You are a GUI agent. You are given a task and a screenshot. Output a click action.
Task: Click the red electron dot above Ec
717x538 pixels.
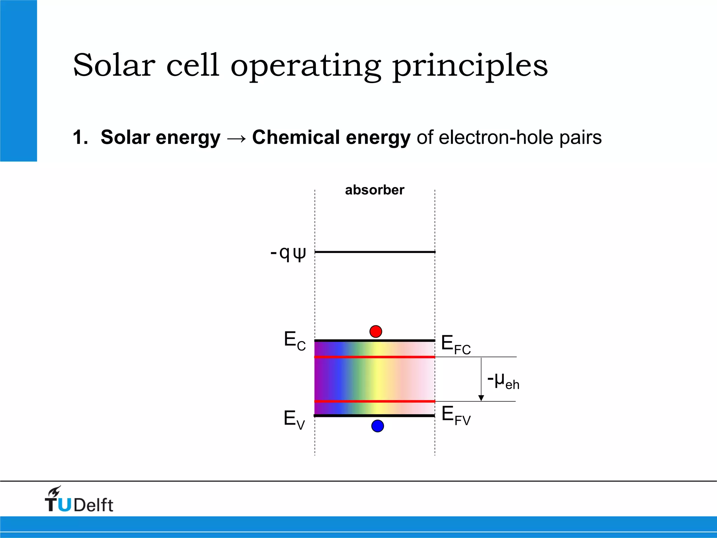click(x=376, y=331)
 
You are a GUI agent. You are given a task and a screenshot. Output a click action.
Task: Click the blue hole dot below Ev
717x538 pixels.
click(x=377, y=426)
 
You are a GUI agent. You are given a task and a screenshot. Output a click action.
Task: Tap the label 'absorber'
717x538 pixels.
click(x=374, y=190)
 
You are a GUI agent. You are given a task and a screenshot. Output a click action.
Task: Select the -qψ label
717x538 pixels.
click(x=288, y=253)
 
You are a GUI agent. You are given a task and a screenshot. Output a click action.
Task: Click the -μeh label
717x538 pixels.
click(x=503, y=381)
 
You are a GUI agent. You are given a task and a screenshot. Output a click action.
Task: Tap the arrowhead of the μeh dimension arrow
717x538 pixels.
click(x=481, y=398)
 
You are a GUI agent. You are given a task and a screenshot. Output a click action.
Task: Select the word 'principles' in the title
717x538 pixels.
click(x=470, y=67)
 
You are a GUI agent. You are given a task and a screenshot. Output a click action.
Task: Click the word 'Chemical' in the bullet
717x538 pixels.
click(x=295, y=137)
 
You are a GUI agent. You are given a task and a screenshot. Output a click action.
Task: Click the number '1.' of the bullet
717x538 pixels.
click(x=81, y=137)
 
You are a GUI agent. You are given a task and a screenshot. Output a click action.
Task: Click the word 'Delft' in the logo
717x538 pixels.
click(x=93, y=505)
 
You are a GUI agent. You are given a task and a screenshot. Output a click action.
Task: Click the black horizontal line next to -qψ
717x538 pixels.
click(x=375, y=252)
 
